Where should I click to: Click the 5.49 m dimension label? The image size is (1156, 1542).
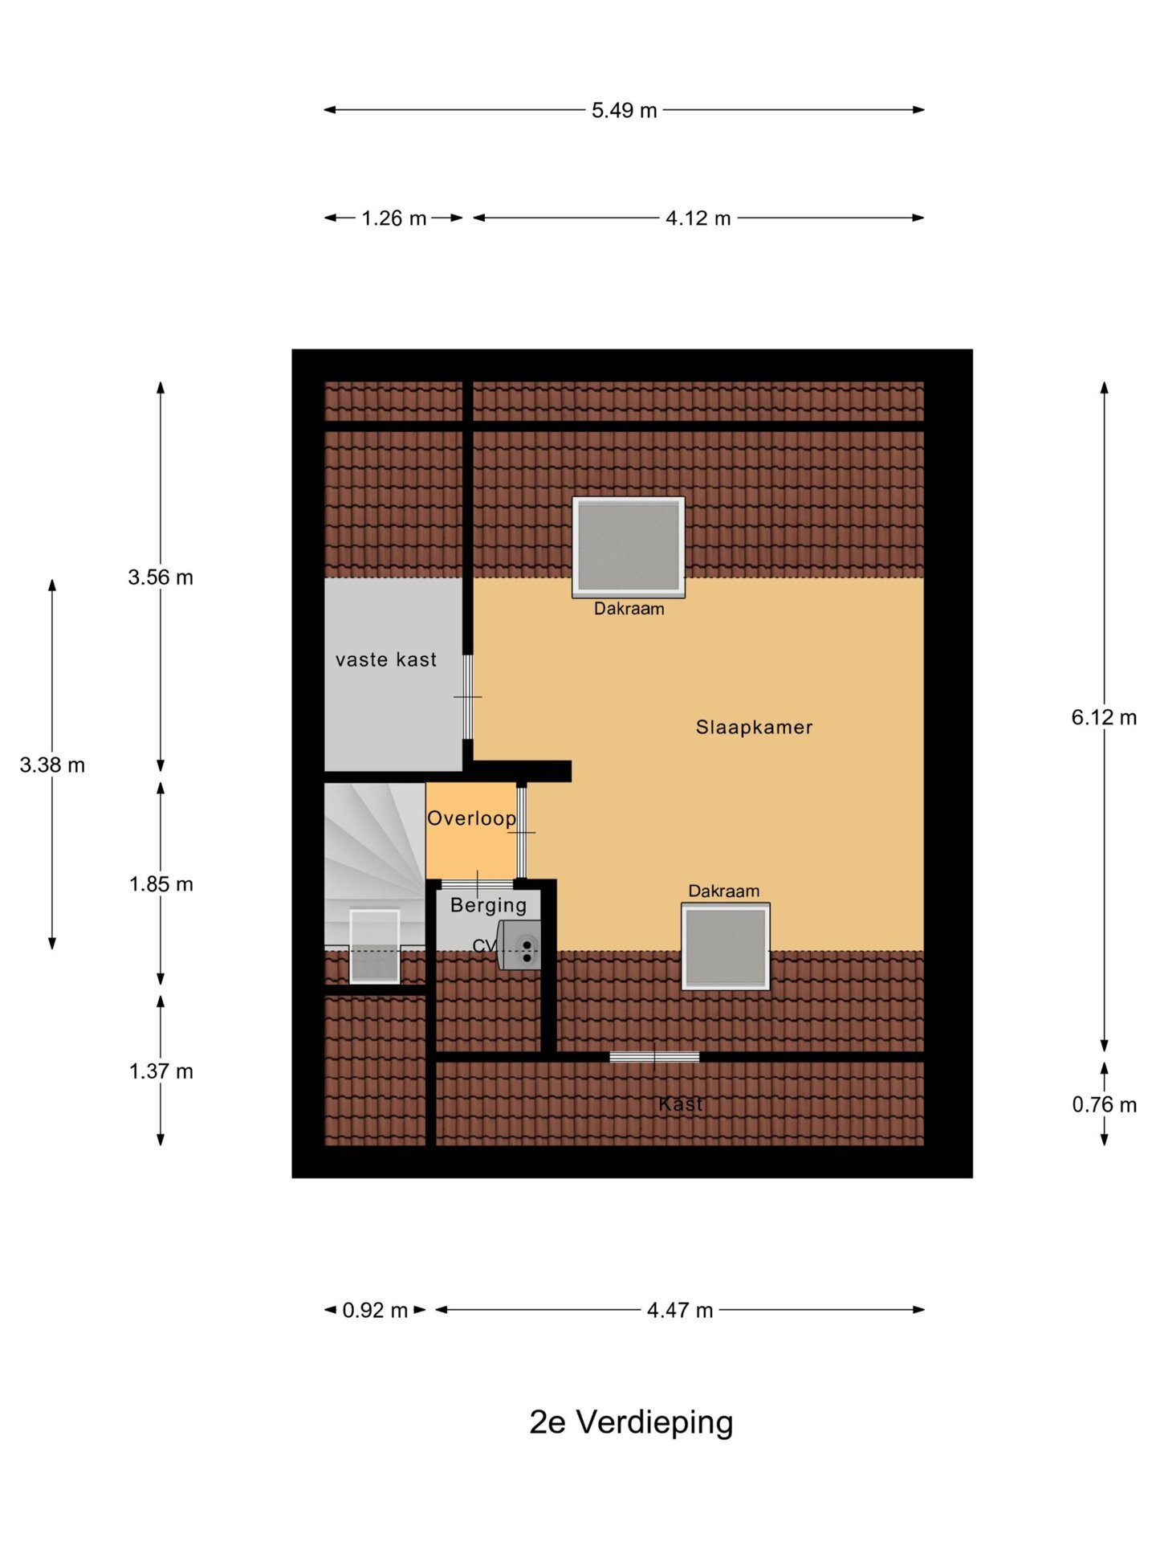[x=624, y=110]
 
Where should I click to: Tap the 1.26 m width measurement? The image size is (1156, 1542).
[x=393, y=218]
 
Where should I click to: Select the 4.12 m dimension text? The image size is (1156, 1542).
[x=698, y=218]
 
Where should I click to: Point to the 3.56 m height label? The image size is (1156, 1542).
[x=161, y=577]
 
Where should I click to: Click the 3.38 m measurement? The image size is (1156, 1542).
[x=52, y=765]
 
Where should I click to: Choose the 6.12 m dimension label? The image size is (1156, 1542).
[x=1104, y=717]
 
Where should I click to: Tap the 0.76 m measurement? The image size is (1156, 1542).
[x=1104, y=1104]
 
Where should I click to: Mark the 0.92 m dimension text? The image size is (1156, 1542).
[x=375, y=1310]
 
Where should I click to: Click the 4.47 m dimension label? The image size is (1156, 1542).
[x=680, y=1310]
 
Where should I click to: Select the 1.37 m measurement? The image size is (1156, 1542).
[x=161, y=1071]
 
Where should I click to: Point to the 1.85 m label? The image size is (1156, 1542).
[x=161, y=883]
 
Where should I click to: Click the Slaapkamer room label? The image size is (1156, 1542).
[x=754, y=727]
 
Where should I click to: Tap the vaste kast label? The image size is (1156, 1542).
[x=386, y=659]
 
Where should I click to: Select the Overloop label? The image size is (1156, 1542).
[x=471, y=818]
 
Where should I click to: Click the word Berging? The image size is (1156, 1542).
[x=488, y=905]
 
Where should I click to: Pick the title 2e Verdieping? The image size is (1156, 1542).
[x=631, y=1422]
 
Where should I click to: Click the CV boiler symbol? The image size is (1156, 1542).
[x=519, y=945]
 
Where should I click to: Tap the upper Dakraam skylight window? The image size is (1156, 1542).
[x=629, y=547]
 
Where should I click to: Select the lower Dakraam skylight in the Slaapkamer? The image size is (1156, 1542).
[x=726, y=946]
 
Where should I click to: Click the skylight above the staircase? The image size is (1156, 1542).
[x=375, y=946]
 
